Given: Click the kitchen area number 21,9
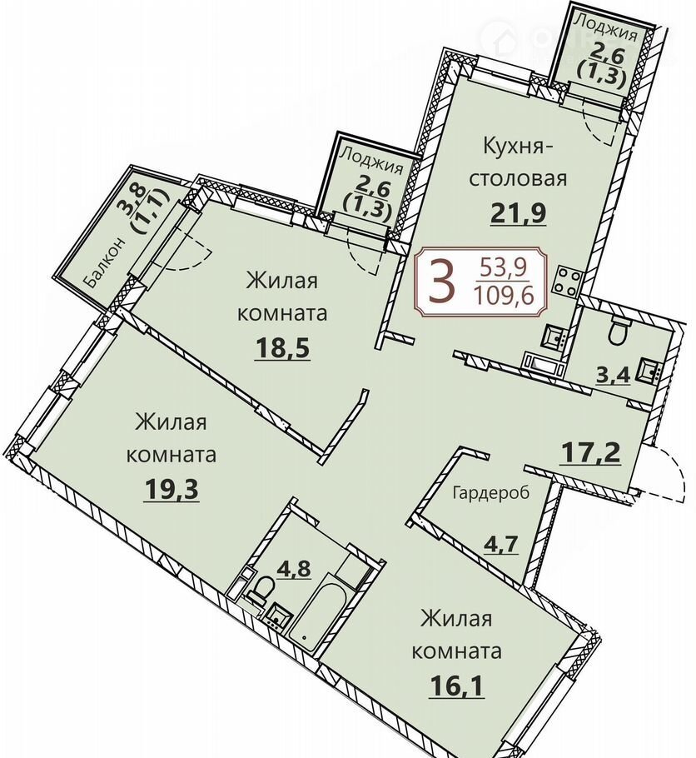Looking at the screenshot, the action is (518, 214).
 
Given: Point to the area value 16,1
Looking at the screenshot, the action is (456, 686).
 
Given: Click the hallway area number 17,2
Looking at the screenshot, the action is (590, 453).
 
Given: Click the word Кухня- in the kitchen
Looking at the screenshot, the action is (518, 146).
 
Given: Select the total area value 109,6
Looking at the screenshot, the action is (505, 296).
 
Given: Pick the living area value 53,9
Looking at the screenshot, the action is (505, 267).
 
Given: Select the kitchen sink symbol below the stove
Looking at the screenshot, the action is (555, 337).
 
